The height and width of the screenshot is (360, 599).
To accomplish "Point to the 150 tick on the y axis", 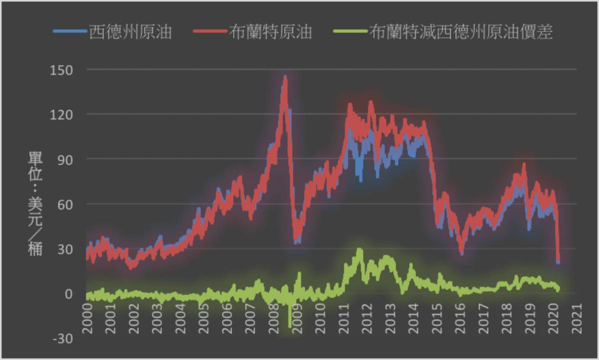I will click(x=62, y=69).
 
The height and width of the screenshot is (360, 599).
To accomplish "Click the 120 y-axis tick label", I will click(x=62, y=114).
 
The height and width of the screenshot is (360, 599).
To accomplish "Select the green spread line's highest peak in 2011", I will click(x=359, y=249).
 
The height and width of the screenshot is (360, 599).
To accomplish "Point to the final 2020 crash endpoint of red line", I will click(x=558, y=260).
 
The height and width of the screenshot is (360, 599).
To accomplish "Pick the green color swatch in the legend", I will click(x=348, y=32).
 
